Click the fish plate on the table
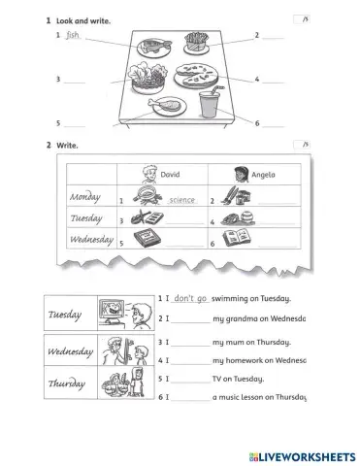click(x=155, y=46)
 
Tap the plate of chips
click(x=197, y=44)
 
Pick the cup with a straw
click(x=211, y=107)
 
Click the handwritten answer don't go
click(x=190, y=299)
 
